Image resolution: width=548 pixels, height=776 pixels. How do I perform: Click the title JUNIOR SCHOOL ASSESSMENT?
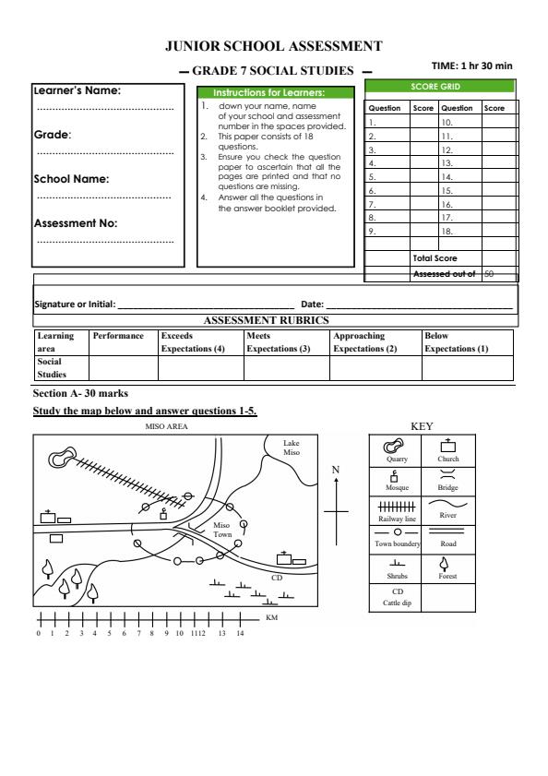click(x=273, y=45)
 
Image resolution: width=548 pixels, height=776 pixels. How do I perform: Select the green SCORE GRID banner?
click(x=440, y=87)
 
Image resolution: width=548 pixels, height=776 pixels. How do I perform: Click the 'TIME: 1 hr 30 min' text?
click(x=471, y=66)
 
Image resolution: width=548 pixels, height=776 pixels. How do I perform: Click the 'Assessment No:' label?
click(x=76, y=222)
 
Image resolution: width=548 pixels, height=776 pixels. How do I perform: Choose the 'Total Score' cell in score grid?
click(x=435, y=258)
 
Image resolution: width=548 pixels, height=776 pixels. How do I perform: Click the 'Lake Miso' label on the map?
click(x=292, y=447)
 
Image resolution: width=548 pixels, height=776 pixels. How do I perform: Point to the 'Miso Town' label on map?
click(x=222, y=530)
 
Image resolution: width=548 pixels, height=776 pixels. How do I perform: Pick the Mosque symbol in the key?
click(x=398, y=479)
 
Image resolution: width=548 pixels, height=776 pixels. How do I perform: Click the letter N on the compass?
click(x=336, y=470)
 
